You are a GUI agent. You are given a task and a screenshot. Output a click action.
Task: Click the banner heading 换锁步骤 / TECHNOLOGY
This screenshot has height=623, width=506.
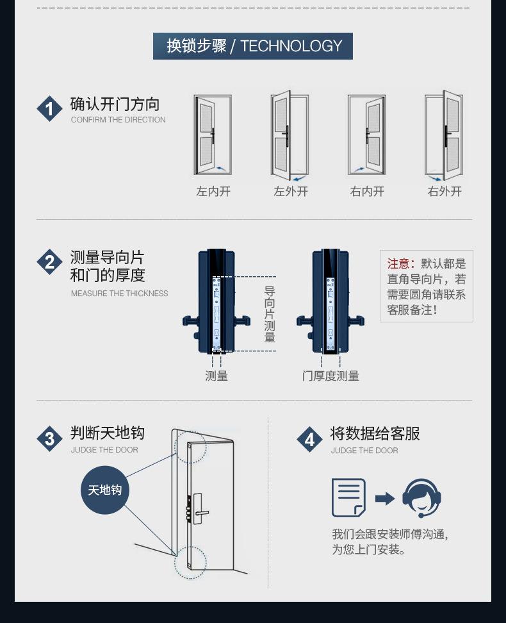pyautogui.click(x=253, y=46)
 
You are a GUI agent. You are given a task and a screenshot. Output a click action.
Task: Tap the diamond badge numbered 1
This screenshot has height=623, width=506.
pyautogui.click(x=49, y=109)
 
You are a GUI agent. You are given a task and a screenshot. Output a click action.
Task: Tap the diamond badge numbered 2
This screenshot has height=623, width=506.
pyautogui.click(x=49, y=262)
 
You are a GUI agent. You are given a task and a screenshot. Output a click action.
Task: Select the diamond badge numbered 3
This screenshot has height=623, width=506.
pyautogui.click(x=49, y=439)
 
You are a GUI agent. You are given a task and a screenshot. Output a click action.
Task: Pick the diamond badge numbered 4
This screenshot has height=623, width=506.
pyautogui.click(x=310, y=439)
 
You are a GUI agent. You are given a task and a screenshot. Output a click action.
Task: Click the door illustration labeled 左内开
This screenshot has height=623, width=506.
pyautogui.click(x=213, y=135)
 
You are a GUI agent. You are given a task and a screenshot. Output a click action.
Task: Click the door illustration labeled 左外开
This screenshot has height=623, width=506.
pyautogui.click(x=290, y=136)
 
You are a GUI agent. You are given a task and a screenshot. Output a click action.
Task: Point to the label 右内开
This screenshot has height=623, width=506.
pyautogui.click(x=367, y=191)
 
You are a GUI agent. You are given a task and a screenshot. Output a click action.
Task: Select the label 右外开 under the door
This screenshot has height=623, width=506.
pyautogui.click(x=445, y=191)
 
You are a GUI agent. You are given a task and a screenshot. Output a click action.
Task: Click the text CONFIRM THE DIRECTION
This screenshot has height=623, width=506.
pyautogui.click(x=118, y=120)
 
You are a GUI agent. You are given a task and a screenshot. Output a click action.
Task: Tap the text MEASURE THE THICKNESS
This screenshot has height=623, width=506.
pyautogui.click(x=120, y=294)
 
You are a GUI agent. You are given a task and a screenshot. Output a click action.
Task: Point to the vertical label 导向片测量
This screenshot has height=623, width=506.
pyautogui.click(x=270, y=314)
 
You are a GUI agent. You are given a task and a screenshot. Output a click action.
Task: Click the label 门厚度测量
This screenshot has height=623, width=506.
pyautogui.click(x=331, y=376)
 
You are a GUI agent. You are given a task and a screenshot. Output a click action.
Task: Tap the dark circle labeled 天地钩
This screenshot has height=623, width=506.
pyautogui.click(x=105, y=490)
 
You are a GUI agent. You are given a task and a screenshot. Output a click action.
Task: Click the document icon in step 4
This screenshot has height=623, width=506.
pyautogui.click(x=348, y=497)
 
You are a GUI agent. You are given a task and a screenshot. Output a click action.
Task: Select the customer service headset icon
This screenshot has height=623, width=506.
pyautogui.click(x=421, y=497)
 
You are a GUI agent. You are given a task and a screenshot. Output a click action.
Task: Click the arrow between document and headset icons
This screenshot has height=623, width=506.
pyautogui.click(x=384, y=498)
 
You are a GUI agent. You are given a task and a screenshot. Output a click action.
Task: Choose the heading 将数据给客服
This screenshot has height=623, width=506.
pyautogui.click(x=375, y=434)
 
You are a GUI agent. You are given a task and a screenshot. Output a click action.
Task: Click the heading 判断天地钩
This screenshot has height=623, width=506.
pyautogui.click(x=108, y=433)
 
